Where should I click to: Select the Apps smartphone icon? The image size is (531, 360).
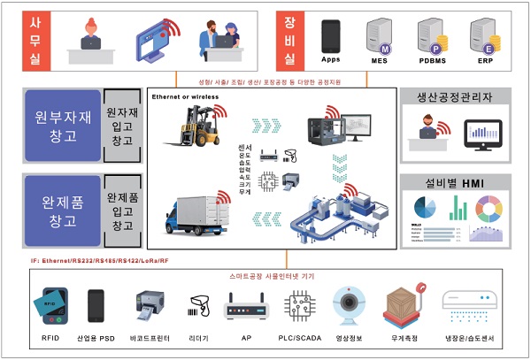[331, 36]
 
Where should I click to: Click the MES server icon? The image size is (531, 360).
[381, 37]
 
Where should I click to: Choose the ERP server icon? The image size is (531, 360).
[482, 37]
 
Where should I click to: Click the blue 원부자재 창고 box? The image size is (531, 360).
[63, 125]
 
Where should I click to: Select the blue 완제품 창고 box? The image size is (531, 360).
[63, 211]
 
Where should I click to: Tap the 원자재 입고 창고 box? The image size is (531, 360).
[121, 125]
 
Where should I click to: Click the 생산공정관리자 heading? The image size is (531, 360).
[454, 97]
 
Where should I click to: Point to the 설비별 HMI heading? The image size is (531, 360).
[454, 183]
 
